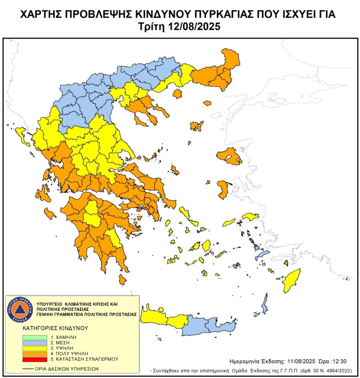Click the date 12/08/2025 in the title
tap(196, 26)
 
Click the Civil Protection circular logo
tap(19, 309)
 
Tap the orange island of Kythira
tap(123, 279)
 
